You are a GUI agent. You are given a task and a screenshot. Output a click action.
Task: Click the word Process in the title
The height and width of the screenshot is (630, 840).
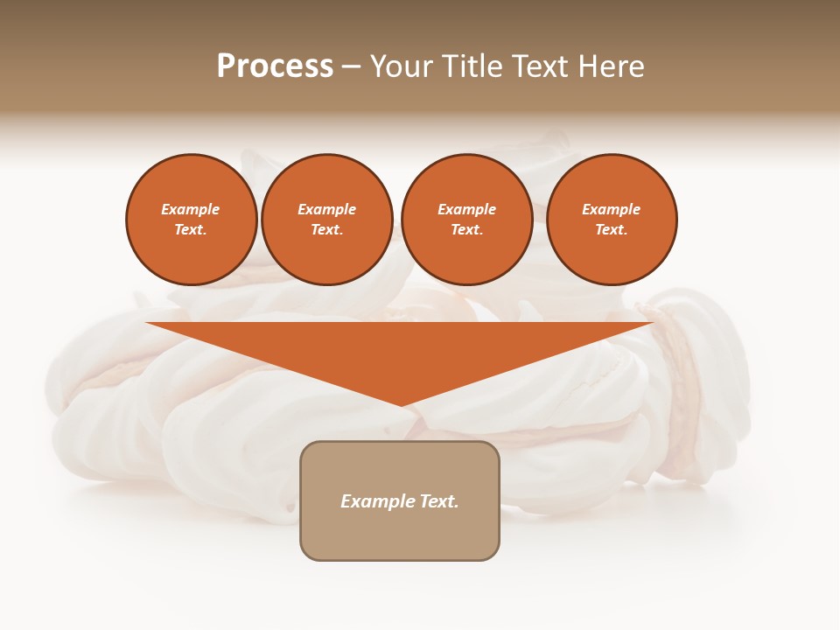(275, 66)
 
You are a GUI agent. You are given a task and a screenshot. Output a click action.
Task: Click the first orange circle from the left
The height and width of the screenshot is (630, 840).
(191, 220)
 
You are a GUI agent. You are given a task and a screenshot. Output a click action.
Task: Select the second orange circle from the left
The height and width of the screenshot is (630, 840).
(327, 220)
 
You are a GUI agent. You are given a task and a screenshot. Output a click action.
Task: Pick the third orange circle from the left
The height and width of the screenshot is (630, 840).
(467, 220)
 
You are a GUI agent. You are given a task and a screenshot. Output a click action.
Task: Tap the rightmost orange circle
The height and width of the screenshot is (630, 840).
(612, 220)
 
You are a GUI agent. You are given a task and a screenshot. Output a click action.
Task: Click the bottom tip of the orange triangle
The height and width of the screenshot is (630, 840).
(401, 403)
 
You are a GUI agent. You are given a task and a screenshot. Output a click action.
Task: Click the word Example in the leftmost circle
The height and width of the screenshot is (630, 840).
(191, 209)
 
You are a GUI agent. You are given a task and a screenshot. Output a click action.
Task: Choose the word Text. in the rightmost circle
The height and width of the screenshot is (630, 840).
(612, 230)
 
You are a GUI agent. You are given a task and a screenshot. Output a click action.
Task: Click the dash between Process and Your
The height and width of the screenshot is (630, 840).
(351, 67)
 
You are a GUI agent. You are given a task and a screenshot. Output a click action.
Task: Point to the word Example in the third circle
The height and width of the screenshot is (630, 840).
(467, 209)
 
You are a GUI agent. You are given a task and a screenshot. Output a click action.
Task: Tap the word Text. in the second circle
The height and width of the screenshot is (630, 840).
(327, 230)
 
